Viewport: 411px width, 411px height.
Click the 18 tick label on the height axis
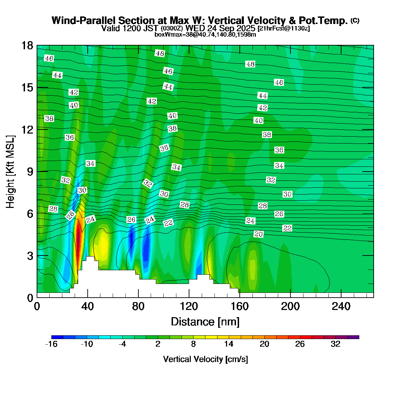(x=27, y=46)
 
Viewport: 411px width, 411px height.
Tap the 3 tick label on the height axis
(x=30, y=256)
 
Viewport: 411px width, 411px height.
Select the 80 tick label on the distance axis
(x=138, y=306)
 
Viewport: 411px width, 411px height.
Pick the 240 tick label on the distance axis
(x=341, y=306)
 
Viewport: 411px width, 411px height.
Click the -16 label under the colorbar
(x=51, y=344)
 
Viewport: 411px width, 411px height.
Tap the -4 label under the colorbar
(x=122, y=344)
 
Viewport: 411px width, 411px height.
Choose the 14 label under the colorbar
(x=229, y=344)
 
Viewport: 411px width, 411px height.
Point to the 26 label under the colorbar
(x=300, y=344)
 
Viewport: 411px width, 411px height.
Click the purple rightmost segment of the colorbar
(x=353, y=337)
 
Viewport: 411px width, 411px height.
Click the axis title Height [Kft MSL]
(x=11, y=172)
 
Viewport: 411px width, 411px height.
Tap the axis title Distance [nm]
(x=205, y=322)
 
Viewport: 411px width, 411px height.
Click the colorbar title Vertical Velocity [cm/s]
(x=206, y=359)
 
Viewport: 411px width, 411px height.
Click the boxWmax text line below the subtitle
(x=205, y=34)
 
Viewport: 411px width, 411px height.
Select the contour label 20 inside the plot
(x=259, y=234)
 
